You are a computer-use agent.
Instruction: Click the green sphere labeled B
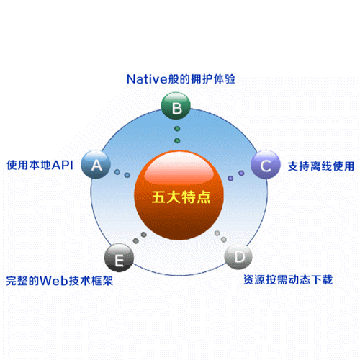pos(176,106)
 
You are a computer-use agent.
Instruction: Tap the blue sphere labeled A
pos(96,164)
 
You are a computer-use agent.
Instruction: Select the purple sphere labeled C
pos(266,165)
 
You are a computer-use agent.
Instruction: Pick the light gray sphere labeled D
pos(238,256)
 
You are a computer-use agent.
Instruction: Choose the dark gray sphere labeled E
pos(119,258)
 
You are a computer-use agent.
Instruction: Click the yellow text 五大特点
pos(181,197)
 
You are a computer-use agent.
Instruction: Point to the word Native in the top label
pos(147,79)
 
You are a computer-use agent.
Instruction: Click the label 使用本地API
pos(40,165)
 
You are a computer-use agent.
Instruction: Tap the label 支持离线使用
pos(321,166)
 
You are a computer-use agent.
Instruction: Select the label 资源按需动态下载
pos(288,280)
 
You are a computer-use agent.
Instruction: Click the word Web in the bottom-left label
pos(54,281)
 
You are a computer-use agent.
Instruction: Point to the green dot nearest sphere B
pos(177,129)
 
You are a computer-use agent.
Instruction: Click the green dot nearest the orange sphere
pos(177,140)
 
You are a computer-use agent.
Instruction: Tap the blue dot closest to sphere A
pos(117,172)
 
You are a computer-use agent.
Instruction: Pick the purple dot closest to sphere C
pos(241,173)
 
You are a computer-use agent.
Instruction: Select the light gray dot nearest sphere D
pos(224,239)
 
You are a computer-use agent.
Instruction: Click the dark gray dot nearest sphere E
pos(136,240)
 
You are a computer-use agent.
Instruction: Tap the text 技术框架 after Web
pos(91,281)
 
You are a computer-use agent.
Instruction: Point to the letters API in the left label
pos(63,165)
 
